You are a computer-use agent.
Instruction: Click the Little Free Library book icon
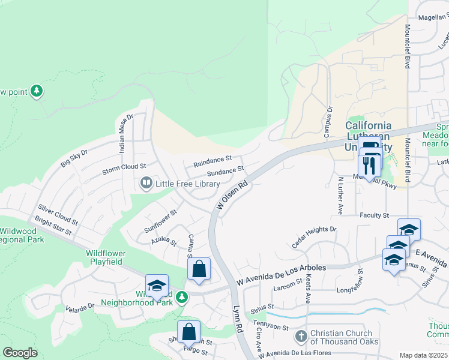(146, 183)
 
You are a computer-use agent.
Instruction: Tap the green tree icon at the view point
(37, 91)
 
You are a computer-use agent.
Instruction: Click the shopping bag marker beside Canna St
(199, 269)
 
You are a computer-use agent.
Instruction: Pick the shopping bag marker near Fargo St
(188, 331)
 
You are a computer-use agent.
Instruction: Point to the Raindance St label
(212, 161)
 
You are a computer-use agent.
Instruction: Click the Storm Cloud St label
(124, 166)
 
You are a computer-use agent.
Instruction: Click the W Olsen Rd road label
(232, 197)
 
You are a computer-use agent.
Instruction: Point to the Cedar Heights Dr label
(314, 232)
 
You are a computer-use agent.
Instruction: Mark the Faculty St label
(375, 215)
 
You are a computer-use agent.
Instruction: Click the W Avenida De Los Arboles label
(281, 273)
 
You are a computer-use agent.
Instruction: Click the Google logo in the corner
(20, 352)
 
